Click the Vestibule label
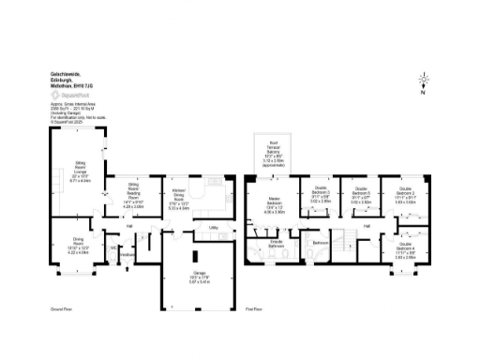(128, 253)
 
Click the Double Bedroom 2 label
(405, 195)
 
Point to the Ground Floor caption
(61, 308)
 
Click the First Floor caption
(254, 308)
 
